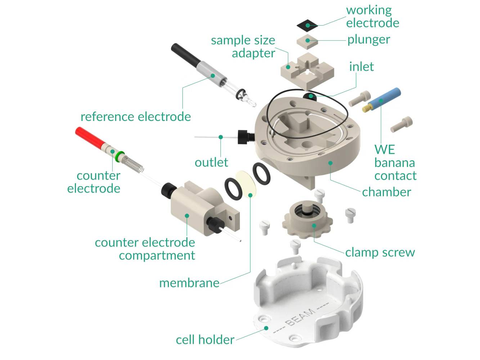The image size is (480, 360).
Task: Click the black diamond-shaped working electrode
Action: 307,25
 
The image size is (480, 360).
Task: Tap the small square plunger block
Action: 307,41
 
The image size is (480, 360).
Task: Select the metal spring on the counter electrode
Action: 133,164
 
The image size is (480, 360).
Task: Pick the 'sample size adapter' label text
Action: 243,46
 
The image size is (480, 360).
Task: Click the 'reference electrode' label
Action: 135,117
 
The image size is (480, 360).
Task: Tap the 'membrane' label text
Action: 189,283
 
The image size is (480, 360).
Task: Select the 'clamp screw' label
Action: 380,252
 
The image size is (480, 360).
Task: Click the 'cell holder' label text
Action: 205,339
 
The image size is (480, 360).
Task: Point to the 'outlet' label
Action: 211,162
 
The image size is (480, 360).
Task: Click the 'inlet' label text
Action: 361,67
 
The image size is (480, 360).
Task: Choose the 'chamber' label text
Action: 386,192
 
